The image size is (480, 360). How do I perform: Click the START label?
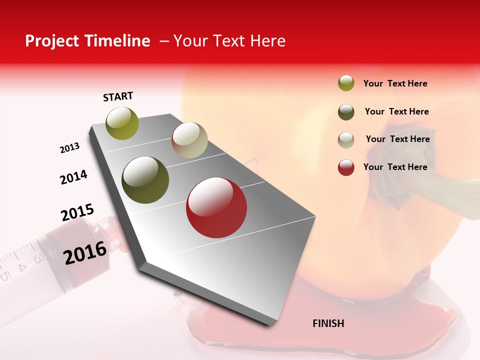pyautogui.click(x=118, y=96)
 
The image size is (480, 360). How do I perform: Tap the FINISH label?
pyautogui.click(x=328, y=323)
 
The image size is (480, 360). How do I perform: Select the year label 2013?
pyautogui.click(x=70, y=148)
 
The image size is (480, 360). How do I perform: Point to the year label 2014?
pyautogui.click(x=73, y=177)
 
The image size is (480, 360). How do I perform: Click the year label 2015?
pyautogui.click(x=77, y=213)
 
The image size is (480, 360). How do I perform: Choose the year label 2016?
pyautogui.click(x=85, y=253)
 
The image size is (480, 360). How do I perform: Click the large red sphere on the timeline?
pyautogui.click(x=216, y=207)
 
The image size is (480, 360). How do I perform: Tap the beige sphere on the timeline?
pyautogui.click(x=189, y=140)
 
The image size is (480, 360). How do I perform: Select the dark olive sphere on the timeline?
pyautogui.click(x=145, y=180)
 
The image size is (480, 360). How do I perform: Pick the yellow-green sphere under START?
pyautogui.click(x=122, y=123)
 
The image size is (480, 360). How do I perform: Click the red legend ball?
pyautogui.click(x=346, y=167)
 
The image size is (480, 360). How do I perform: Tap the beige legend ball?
pyautogui.click(x=346, y=140)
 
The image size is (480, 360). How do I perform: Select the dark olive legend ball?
pyautogui.click(x=346, y=112)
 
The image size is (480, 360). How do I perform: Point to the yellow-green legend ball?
pyautogui.click(x=346, y=83)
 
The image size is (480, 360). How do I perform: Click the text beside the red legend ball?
pyautogui.click(x=395, y=167)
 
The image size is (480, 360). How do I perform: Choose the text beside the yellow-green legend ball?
pyautogui.click(x=395, y=83)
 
